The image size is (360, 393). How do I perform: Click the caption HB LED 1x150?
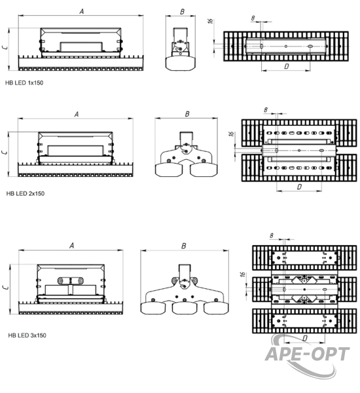[24, 83]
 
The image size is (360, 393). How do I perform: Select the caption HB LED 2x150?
[26, 193]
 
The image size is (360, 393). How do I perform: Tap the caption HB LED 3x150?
[27, 335]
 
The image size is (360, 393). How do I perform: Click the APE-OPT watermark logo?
[307, 354]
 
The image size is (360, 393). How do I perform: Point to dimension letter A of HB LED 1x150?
[82, 11]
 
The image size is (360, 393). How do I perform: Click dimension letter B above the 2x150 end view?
[187, 114]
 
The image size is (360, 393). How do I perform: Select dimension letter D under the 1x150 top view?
[287, 66]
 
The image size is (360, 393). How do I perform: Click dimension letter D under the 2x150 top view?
[299, 187]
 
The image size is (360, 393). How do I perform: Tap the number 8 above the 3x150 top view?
[272, 236]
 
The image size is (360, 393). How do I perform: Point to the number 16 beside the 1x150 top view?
[211, 21]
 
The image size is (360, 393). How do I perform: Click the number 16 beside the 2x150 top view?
[231, 134]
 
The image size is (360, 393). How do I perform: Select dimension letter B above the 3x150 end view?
[184, 246]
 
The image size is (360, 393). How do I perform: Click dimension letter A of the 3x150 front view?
[71, 246]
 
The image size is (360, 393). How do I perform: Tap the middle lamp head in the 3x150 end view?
[185, 308]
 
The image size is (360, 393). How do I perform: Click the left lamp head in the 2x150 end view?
[168, 170]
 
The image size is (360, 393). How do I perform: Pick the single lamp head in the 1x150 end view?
[180, 63]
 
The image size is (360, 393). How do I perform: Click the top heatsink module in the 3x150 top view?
[304, 257]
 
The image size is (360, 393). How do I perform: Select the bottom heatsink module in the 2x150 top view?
[299, 168]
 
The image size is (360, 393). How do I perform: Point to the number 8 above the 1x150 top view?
[253, 18]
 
